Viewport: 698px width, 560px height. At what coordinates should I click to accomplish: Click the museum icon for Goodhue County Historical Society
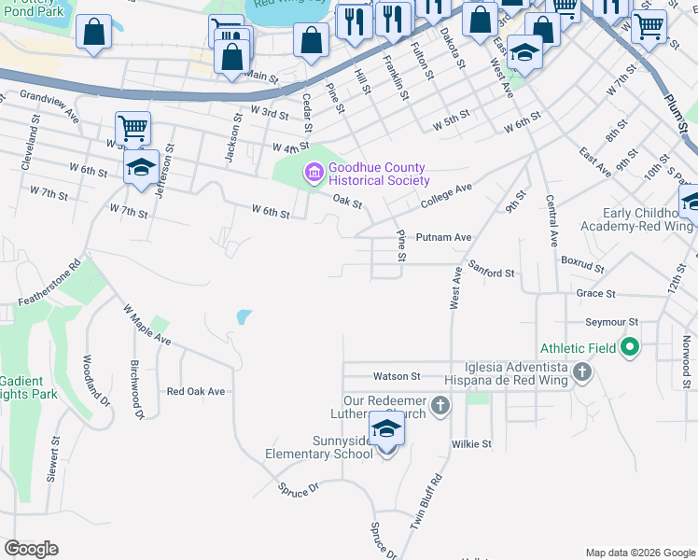pos(313,173)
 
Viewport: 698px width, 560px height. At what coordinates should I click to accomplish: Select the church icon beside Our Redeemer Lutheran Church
pos(440,406)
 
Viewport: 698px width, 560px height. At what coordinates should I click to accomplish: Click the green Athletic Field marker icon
pos(630,348)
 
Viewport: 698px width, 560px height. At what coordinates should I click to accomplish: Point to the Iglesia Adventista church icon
pos(581,374)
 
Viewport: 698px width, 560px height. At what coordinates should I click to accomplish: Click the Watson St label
pos(398,376)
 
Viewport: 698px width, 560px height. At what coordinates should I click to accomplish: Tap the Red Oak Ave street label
pos(196,392)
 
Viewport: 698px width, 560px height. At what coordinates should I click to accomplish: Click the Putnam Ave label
pos(443,238)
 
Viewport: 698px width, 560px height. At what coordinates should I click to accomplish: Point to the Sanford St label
pos(492,273)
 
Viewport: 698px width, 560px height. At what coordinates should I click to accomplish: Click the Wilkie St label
pos(471,444)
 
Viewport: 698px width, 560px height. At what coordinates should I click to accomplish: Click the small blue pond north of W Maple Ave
pos(244,317)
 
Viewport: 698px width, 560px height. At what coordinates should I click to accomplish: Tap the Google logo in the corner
pos(31,549)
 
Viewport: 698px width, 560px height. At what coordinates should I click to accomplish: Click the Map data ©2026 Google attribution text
pos(639,553)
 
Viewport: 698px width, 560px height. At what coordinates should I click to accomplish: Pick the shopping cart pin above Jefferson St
pos(133,128)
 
